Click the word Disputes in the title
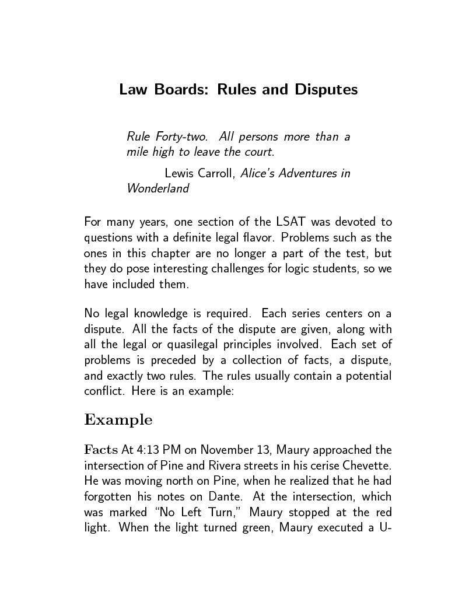click(x=326, y=90)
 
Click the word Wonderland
click(x=157, y=188)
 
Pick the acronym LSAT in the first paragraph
click(x=290, y=222)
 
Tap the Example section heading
click(x=118, y=420)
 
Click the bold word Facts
click(x=101, y=450)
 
